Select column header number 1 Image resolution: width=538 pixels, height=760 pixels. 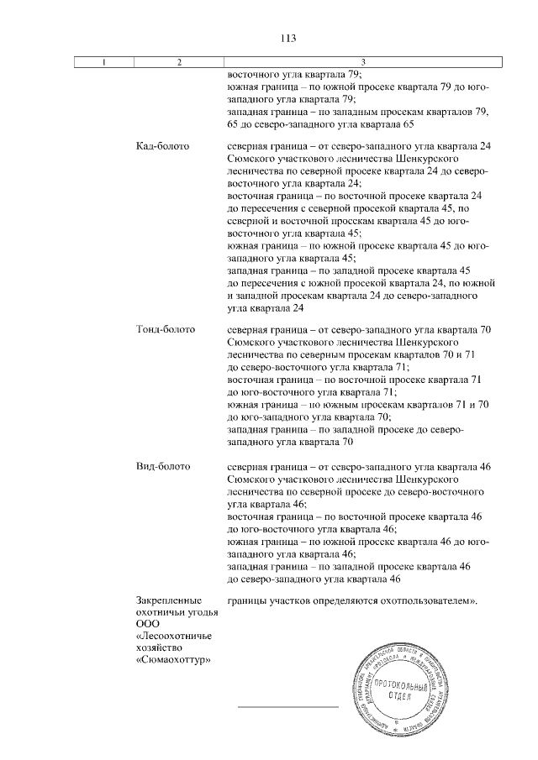point(103,61)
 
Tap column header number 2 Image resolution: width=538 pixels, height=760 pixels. point(179,61)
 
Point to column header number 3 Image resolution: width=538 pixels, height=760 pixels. point(362,61)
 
